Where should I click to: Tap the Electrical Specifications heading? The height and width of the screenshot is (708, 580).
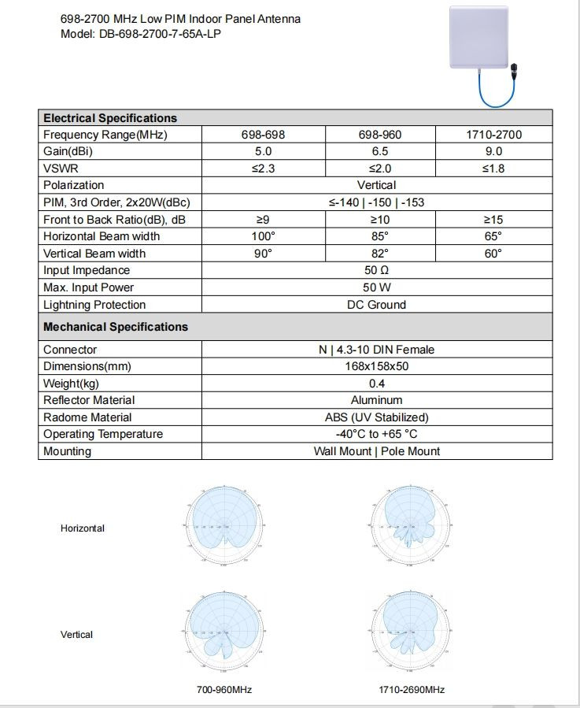coord(110,118)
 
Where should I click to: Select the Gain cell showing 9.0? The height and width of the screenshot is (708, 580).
coord(493,151)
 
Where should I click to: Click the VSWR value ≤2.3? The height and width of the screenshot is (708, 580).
coord(263,169)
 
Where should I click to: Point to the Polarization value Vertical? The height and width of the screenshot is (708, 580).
coord(376,185)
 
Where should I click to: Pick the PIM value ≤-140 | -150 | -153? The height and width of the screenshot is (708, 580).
coord(376,202)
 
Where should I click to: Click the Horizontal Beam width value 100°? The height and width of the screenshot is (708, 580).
coord(263,236)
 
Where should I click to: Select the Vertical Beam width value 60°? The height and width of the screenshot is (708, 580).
coord(493,254)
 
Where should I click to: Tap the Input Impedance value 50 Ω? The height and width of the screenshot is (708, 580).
coord(376,271)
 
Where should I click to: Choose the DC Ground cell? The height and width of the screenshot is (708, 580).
coord(376,305)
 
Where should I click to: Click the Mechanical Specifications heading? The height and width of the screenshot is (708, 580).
coord(116,327)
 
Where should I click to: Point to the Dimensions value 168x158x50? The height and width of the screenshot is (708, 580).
coord(376,366)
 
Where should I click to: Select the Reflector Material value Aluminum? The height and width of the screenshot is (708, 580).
coord(376,400)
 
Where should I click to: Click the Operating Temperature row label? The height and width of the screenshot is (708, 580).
coord(103,434)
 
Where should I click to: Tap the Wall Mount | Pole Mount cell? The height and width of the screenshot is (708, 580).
coord(376,451)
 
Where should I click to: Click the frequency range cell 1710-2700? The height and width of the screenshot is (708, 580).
coord(493,135)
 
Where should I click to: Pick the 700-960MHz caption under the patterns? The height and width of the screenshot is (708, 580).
coord(224,690)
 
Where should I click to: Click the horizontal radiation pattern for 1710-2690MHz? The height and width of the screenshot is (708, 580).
coord(411,523)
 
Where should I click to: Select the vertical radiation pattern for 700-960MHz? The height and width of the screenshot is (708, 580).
coord(224,629)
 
